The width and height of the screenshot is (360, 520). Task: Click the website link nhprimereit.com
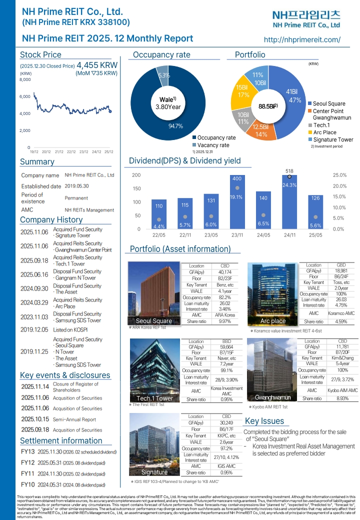301,39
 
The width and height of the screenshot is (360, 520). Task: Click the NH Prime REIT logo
306,19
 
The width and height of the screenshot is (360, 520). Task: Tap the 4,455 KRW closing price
97,65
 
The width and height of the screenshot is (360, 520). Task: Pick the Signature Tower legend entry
332,139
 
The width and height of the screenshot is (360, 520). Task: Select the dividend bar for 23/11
237,202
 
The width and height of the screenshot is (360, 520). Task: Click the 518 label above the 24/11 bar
289,171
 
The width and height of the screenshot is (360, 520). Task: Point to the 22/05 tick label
159,234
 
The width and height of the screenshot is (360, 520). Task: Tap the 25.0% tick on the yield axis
339,175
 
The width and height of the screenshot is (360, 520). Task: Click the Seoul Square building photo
154,293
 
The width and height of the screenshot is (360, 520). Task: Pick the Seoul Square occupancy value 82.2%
225,297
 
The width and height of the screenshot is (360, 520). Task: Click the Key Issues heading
264,421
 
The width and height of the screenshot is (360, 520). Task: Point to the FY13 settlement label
28,452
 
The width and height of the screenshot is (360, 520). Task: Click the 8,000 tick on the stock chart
25,79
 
